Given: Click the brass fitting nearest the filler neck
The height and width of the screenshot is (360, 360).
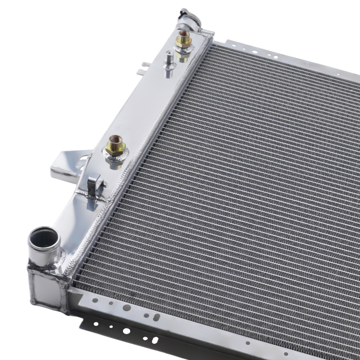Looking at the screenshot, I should coord(184,39).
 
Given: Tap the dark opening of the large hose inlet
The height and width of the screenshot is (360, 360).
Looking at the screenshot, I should coord(44,238).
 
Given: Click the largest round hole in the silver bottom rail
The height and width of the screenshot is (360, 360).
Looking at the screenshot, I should coord(127,307).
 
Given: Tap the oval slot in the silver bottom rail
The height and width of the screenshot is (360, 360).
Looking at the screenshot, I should coord(157,317).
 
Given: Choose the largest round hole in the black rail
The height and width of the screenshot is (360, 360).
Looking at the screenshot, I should coord(126,330).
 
